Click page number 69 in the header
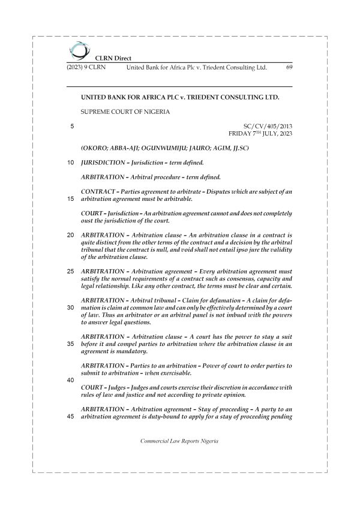tap(289, 68)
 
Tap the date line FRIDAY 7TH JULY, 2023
tap(260, 134)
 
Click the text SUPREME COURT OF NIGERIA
tap(125, 112)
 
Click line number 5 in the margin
tap(72, 126)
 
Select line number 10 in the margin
tap(71, 162)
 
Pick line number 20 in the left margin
tap(71, 234)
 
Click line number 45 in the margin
tap(71, 417)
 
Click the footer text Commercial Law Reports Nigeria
tap(179, 441)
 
